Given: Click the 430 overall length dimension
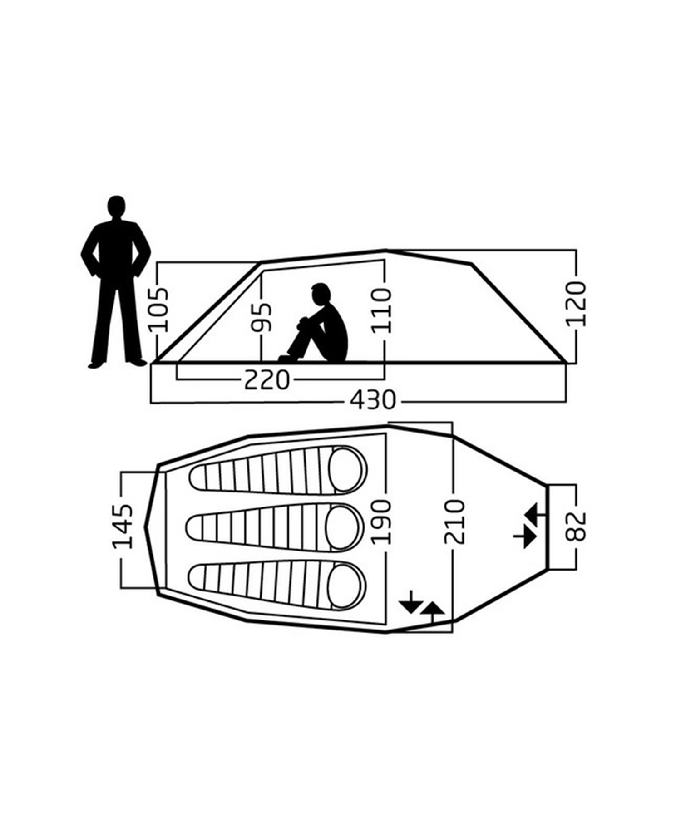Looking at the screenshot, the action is coord(373,400).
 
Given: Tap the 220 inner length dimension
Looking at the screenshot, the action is coord(266,380).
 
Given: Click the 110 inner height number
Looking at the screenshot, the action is coord(382,310).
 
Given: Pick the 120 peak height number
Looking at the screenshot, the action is coord(577,304).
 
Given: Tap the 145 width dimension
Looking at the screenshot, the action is coord(123,526).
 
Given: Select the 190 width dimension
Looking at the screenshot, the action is coord(380,522).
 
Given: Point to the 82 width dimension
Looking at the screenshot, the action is coord(577,526).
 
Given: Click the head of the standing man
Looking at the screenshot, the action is coord(117,207).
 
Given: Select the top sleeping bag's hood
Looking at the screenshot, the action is coord(347,470).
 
